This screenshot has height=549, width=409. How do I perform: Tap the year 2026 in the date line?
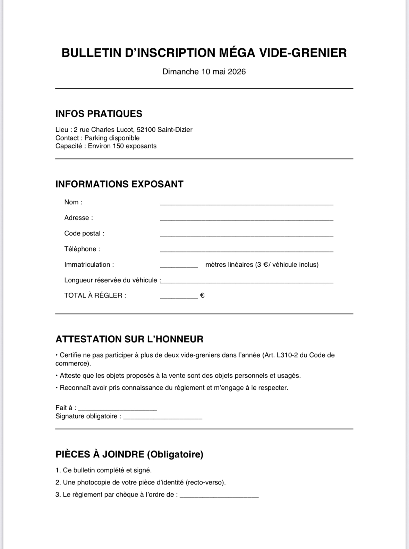[x=237, y=72]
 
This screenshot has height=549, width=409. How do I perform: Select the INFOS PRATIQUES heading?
[x=99, y=114]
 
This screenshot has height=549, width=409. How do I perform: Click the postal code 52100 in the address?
[x=146, y=130]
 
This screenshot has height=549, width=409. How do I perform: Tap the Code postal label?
[x=84, y=233]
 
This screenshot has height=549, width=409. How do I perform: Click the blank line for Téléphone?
[x=246, y=250]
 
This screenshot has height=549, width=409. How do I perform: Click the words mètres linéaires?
[x=229, y=265]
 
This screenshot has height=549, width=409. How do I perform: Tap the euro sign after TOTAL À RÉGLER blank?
[x=203, y=295]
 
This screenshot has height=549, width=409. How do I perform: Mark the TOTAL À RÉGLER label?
[x=95, y=295]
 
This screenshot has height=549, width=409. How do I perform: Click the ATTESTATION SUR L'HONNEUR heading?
[x=129, y=339]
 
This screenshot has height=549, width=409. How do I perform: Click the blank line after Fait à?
[x=117, y=410]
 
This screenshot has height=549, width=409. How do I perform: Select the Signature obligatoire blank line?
[x=163, y=418]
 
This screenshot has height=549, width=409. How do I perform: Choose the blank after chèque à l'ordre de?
[x=219, y=496]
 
